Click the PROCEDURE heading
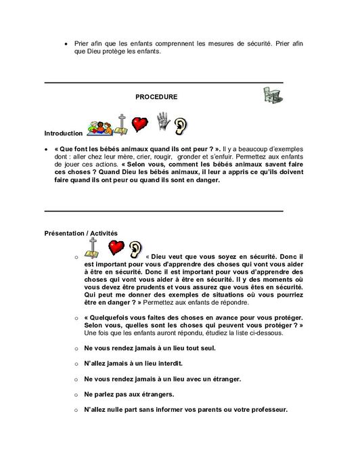point(156,97)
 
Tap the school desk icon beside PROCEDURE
point(272,96)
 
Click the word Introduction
point(64,133)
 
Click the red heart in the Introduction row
point(139,124)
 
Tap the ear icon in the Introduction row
point(181,125)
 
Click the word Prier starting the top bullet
point(83,43)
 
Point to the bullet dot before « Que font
point(46,148)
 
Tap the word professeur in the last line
point(266,410)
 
